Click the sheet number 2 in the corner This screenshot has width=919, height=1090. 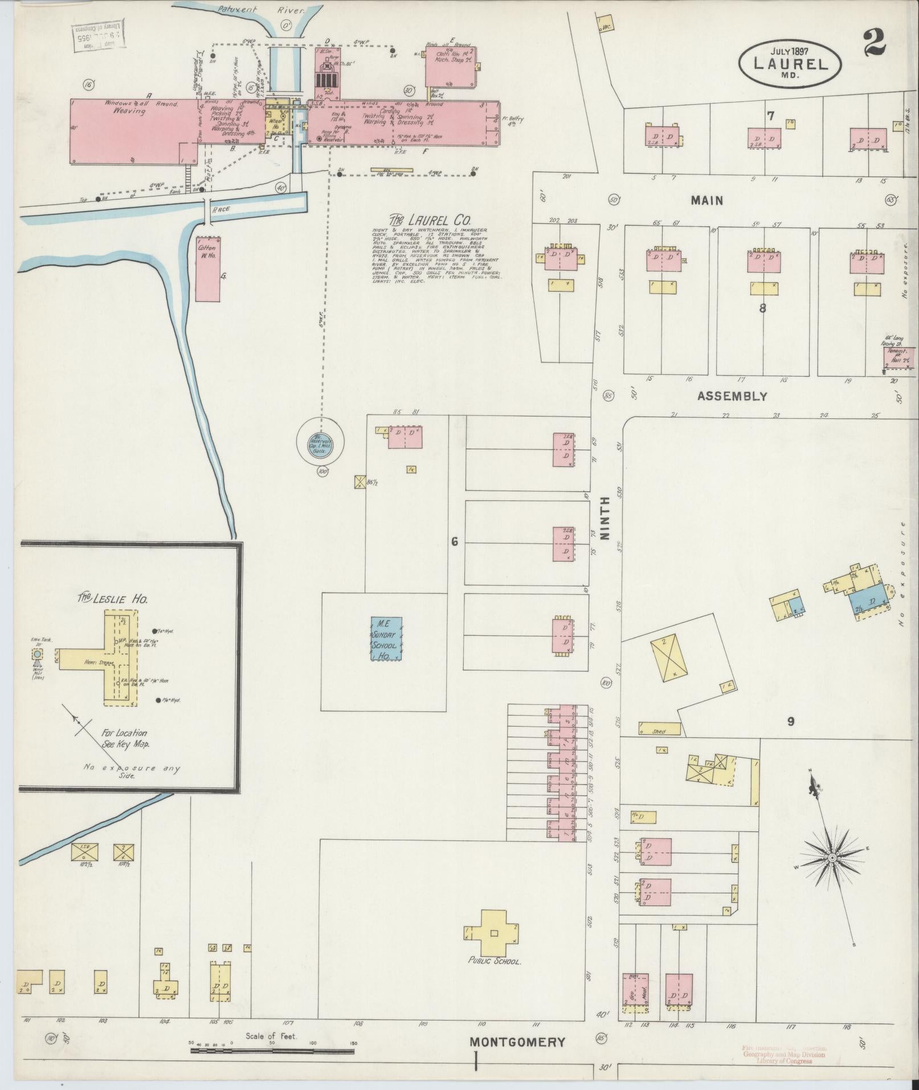[x=875, y=43]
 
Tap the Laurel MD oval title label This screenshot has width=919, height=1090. [x=790, y=64]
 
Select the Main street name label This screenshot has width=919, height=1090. [x=707, y=200]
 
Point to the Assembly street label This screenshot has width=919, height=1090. [x=732, y=396]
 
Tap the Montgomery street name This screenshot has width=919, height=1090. [x=517, y=1042]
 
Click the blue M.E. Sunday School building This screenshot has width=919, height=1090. [x=386, y=638]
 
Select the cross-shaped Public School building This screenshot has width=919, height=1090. [x=493, y=932]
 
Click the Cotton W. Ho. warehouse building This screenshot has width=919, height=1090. [x=209, y=269]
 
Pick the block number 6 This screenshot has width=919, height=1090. [x=454, y=541]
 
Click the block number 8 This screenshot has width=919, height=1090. [x=762, y=308]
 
